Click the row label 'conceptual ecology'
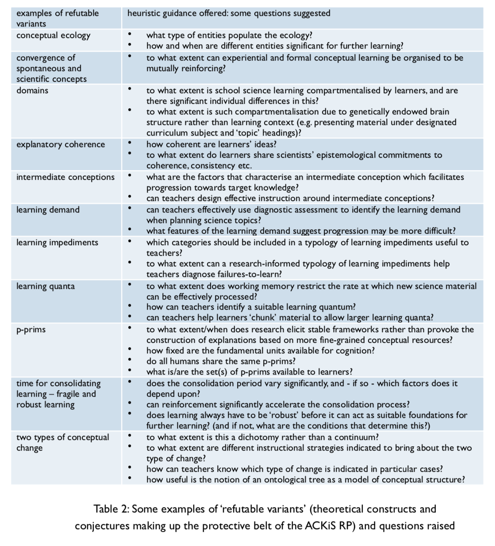pos(53,35)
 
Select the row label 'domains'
pos(32,90)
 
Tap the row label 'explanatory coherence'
pos(61,144)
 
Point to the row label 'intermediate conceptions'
pos(65,177)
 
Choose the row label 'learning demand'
pos(48,210)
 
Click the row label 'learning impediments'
pos(57,243)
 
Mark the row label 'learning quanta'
pos(46,286)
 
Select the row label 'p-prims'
pos(31,330)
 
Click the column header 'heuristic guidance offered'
pos(177,13)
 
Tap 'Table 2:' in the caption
pos(111,509)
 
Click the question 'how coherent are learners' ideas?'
pos(211,144)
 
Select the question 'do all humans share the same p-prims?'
pos(221,361)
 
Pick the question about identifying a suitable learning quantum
pos(251,307)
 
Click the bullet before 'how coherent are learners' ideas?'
pos(130,143)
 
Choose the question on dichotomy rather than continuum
pos(262,437)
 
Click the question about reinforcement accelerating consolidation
pos(278,404)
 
